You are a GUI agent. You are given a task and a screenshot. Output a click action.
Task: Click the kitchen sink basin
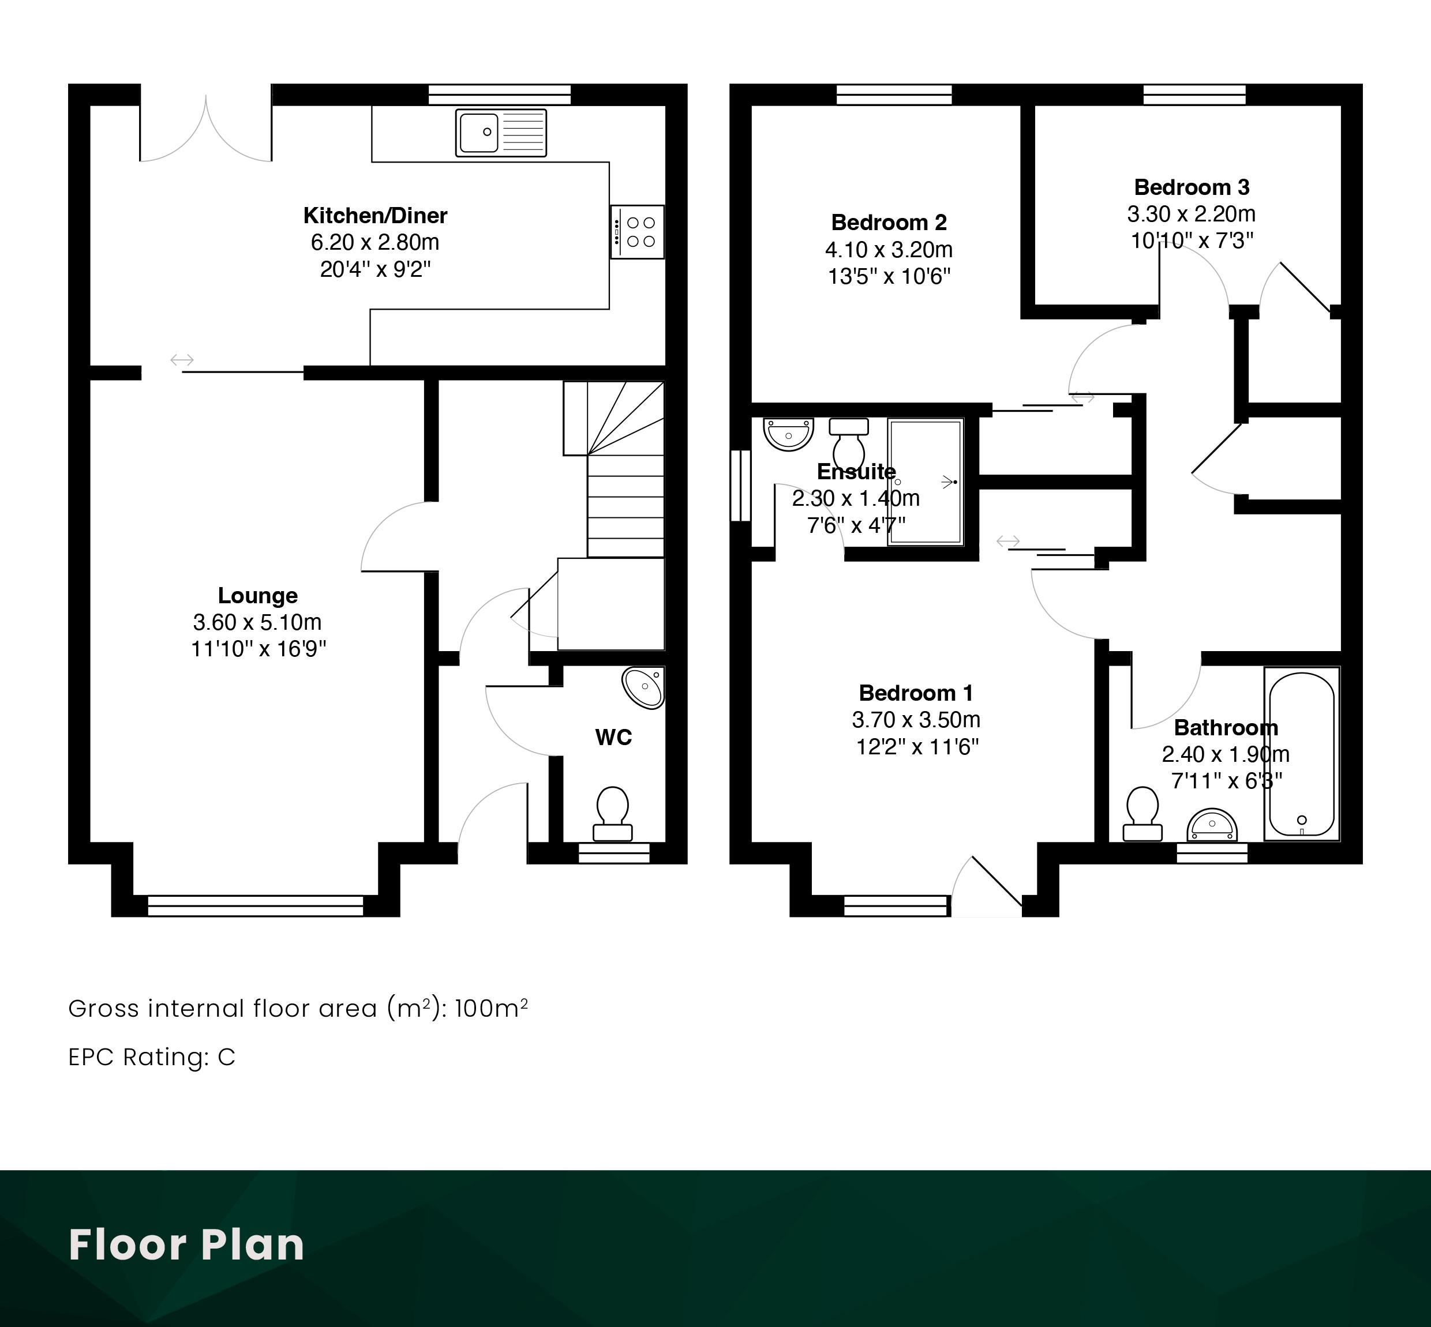tap(478, 133)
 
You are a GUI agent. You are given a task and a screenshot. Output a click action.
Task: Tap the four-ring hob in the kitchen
tap(637, 232)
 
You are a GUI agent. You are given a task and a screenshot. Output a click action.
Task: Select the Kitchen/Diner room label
tap(375, 216)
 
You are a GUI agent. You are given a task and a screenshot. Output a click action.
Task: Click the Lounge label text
tap(257, 595)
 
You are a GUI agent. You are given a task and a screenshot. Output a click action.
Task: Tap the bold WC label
tap(613, 738)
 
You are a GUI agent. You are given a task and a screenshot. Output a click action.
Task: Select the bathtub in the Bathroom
tap(1302, 753)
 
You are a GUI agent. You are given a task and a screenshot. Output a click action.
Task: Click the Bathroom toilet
tap(1142, 814)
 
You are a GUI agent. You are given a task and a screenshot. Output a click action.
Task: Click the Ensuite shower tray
tap(926, 483)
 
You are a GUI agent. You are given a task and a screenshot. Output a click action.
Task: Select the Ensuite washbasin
tap(788, 434)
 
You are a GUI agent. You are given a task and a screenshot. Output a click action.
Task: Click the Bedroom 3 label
tap(1192, 187)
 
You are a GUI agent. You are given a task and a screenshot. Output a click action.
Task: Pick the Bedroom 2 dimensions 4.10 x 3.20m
tap(889, 250)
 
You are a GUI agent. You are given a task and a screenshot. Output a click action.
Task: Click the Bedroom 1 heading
tap(916, 693)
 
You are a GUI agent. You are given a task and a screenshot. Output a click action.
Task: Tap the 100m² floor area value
tap(492, 1008)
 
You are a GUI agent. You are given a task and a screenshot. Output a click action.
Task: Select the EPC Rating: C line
tap(152, 1057)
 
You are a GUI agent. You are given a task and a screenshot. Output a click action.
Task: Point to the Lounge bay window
tap(256, 905)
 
